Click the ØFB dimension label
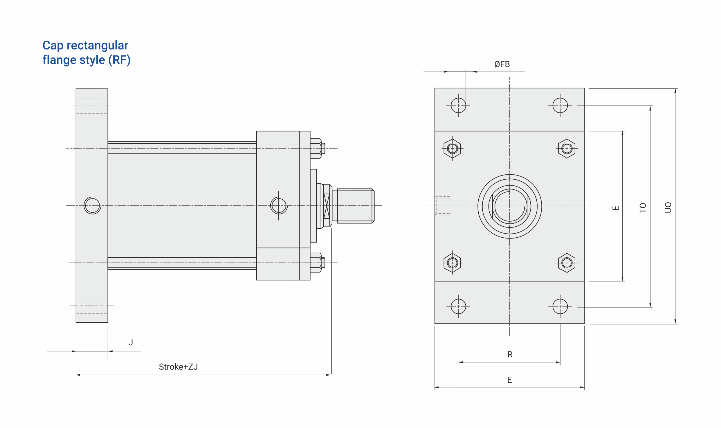tap(502, 64)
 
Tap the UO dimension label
tap(668, 207)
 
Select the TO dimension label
tap(643, 208)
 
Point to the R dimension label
tap(510, 354)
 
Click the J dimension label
tap(131, 342)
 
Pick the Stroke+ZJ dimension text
tap(178, 367)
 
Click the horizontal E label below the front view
tap(509, 380)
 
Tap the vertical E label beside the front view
tap(616, 208)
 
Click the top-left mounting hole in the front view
tap(458, 105)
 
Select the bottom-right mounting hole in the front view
tap(560, 306)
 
